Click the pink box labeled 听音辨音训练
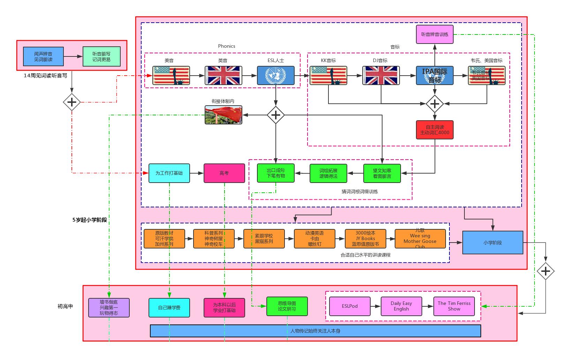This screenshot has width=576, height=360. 434,34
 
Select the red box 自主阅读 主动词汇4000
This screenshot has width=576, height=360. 434,130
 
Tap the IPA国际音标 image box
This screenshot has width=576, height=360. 434,75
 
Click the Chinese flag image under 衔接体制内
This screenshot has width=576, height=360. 223,115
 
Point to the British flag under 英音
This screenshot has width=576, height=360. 223,75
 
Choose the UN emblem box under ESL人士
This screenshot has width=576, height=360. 275,75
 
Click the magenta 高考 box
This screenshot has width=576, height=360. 224,173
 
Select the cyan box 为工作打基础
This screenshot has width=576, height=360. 169,173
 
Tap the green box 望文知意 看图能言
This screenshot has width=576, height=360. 382,173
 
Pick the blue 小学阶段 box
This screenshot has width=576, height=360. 492,243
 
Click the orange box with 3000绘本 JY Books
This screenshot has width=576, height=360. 365,238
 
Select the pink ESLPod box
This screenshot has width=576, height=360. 350,306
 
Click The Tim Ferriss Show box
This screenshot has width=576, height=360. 454,306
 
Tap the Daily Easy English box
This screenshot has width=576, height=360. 401,306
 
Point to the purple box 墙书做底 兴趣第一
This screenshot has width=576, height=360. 109,307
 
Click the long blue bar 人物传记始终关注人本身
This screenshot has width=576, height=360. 315,331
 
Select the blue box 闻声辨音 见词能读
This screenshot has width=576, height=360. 43,56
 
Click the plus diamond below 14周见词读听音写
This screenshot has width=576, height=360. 72,102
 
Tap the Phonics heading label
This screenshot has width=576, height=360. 227,46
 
